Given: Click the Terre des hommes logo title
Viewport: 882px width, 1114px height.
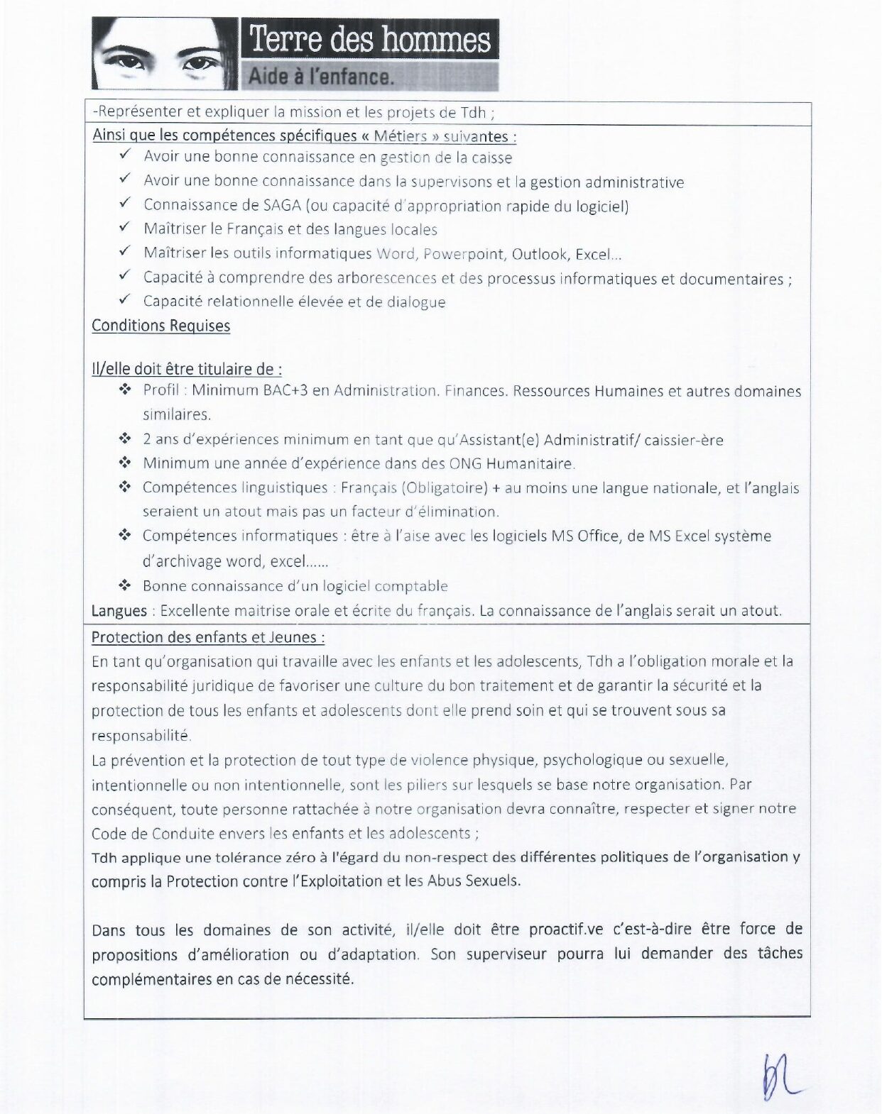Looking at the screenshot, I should point(369,38).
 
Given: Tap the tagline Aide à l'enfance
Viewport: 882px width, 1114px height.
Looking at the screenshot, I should point(320,76).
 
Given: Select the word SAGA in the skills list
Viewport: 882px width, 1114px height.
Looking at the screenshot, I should point(282,206).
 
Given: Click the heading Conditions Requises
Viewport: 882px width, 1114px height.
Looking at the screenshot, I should point(161,326).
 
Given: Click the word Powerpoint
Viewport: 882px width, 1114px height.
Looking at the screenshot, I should point(463,254).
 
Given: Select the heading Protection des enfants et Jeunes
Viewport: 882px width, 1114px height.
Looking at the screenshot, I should point(207,637).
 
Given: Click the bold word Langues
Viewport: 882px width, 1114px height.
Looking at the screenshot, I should point(119,611).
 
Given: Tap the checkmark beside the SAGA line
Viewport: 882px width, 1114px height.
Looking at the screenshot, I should point(125,204).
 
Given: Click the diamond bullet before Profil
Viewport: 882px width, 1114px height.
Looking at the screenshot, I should point(125,390).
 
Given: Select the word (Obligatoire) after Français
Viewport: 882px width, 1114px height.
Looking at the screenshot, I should point(445,488).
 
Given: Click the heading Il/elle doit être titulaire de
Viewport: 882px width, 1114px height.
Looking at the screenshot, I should point(186,369).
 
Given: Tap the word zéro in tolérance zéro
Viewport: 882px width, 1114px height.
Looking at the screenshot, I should point(300,857).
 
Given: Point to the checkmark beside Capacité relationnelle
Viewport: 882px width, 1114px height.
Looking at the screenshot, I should point(125,299).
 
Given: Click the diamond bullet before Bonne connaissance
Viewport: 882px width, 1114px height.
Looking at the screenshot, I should point(125,585).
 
